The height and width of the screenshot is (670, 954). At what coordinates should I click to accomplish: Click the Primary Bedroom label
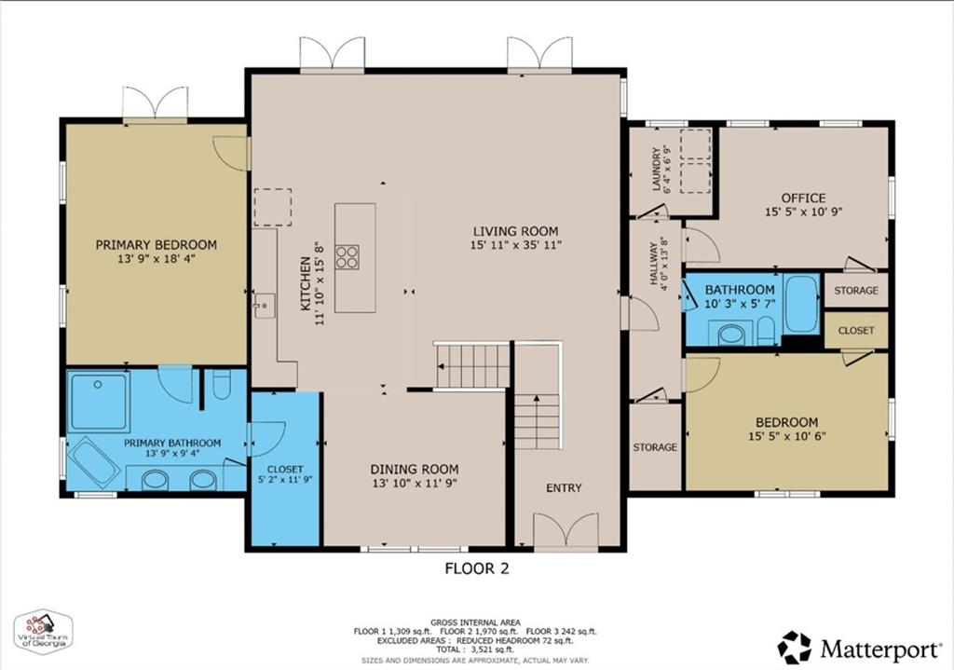pos(156,245)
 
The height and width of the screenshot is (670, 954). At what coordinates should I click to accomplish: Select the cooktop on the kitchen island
pos(348,257)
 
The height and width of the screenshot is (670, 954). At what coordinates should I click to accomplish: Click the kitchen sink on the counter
pos(265,304)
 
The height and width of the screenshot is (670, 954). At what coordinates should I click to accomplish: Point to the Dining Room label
pos(415,469)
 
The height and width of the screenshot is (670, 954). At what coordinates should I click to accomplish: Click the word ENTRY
pos(564,487)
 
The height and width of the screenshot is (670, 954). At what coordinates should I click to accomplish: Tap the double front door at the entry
pos(566,530)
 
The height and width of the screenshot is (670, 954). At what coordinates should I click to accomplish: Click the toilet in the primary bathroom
pos(221,386)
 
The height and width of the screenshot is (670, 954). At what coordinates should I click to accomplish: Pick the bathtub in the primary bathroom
pos(94,460)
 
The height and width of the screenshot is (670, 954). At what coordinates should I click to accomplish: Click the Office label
pos(803,198)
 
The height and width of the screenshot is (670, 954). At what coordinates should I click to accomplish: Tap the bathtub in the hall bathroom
pos(800,303)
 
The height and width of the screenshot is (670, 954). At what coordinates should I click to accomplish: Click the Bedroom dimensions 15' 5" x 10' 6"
pos(786,436)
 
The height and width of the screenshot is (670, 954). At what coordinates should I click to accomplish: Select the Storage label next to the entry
pos(655,447)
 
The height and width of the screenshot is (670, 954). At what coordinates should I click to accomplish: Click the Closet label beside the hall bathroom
pos(856,330)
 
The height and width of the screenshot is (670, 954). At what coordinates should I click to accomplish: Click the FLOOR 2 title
pos(476,567)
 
